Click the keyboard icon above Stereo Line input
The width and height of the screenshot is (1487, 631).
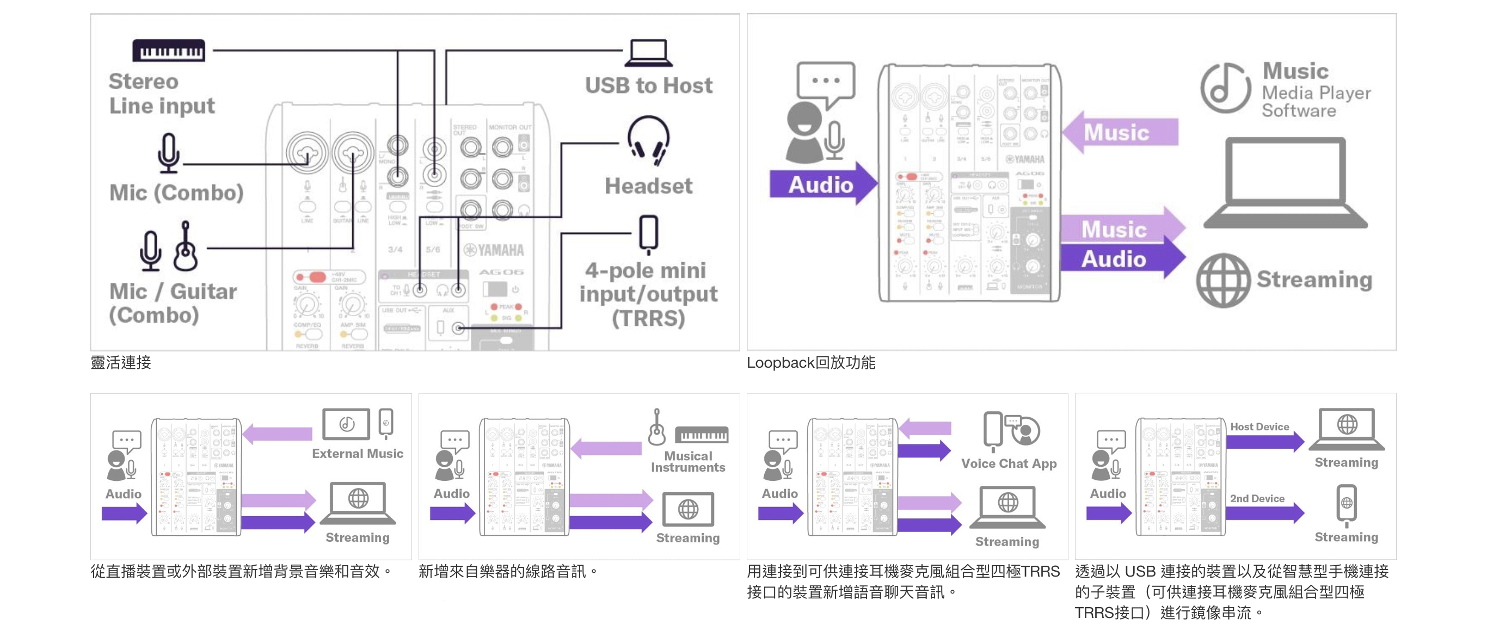pos(169,50)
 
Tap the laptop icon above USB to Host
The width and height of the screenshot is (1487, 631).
pos(648,53)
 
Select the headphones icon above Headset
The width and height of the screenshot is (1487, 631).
pos(648,140)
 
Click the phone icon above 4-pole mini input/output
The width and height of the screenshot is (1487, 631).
pos(649,233)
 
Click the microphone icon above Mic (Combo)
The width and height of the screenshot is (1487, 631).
pos(168,153)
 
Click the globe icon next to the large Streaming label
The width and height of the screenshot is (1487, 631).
pos(1223,280)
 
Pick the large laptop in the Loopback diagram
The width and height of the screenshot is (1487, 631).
pos(1285,183)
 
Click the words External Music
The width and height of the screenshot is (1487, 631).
pos(357,454)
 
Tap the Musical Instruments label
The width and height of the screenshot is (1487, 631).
pos(687,462)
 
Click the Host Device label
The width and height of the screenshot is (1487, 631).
pos(1259,427)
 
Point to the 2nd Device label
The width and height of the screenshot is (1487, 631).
pos(1257,498)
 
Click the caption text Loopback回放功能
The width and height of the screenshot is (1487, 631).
pos(810,363)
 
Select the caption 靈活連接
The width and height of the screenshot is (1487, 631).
pos(121,363)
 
